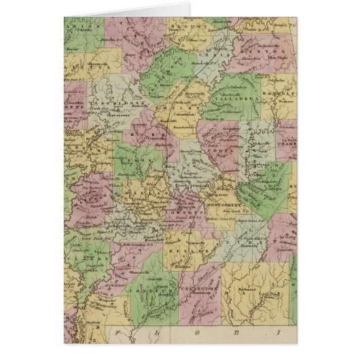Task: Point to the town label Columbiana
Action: tap(185, 115)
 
